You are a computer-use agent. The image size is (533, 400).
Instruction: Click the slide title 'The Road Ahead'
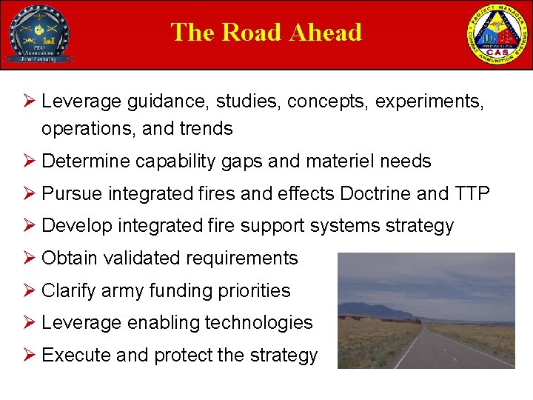tap(266, 33)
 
